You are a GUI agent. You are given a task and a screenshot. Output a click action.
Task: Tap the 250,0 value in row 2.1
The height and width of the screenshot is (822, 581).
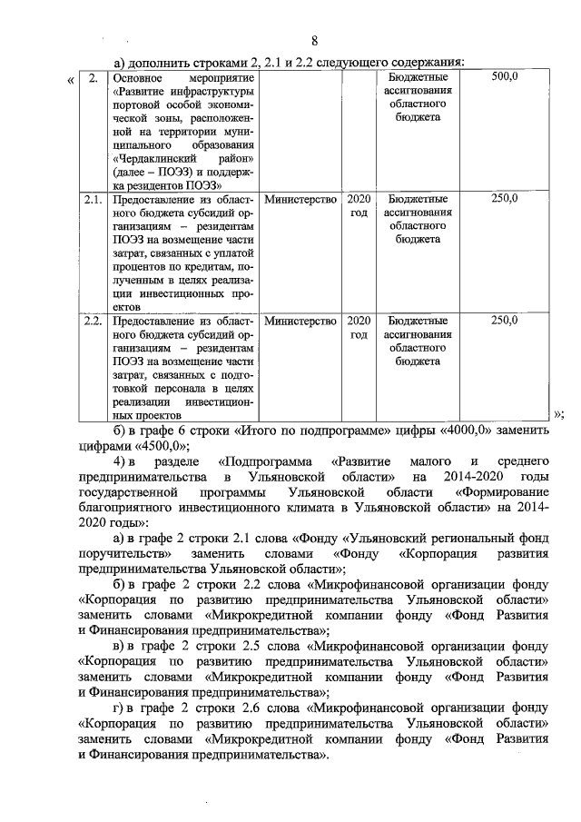click(x=504, y=198)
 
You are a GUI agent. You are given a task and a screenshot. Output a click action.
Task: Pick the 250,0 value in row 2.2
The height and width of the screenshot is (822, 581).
click(x=504, y=321)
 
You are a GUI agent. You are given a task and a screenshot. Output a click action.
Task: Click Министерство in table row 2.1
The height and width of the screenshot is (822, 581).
click(x=300, y=198)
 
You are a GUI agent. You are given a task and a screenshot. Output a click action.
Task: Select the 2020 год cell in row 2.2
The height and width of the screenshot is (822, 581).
click(x=359, y=328)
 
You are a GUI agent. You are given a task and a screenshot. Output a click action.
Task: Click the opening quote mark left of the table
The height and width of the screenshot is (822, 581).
click(x=71, y=81)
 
